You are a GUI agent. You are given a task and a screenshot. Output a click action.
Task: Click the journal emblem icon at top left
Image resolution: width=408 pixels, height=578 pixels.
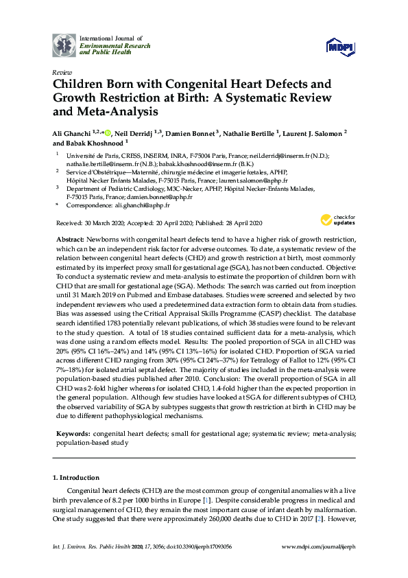[65, 45]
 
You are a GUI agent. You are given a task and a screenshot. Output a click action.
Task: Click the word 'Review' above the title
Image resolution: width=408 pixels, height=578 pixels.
[61, 72]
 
